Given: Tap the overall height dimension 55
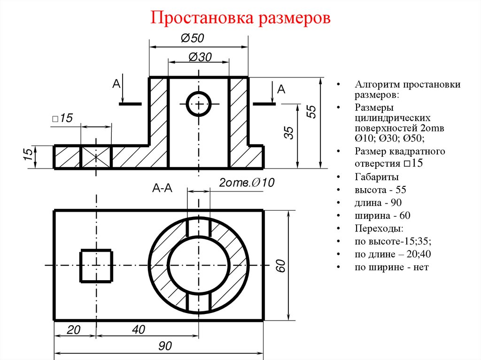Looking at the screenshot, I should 311,112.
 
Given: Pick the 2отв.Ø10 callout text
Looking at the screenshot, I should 247,183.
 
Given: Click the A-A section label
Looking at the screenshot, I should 163,188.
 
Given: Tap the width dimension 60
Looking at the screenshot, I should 280,266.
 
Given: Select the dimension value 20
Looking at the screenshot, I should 74,330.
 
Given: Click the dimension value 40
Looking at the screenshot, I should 139,330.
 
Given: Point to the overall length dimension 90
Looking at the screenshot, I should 164,346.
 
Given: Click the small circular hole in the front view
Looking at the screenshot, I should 199,104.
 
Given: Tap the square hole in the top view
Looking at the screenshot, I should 96,266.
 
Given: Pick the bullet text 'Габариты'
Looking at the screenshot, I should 377,177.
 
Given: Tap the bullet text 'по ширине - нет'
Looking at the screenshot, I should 392,267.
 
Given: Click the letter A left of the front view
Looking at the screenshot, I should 116,84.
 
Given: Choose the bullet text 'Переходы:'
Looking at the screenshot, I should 379,229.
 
